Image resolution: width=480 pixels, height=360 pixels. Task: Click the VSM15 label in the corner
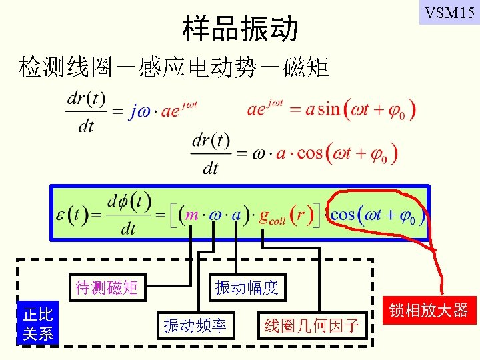pyautogui.click(x=449, y=12)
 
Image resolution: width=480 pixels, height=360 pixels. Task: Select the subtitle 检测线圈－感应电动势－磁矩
pyautogui.click(x=174, y=67)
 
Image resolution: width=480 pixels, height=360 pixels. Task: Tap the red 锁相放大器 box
pyautogui.click(x=438, y=310)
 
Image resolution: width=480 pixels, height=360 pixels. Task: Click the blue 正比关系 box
pyautogui.click(x=38, y=323)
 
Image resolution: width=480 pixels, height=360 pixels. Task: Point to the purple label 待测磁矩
pyautogui.click(x=107, y=288)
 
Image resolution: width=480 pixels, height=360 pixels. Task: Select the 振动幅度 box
pyautogui.click(x=246, y=288)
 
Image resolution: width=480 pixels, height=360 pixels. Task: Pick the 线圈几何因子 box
pyautogui.click(x=311, y=325)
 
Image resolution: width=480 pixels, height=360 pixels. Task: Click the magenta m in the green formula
pyautogui.click(x=192, y=215)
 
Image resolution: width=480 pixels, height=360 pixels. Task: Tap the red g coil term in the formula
pyautogui.click(x=273, y=217)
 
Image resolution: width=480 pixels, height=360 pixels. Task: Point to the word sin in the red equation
pyautogui.click(x=329, y=108)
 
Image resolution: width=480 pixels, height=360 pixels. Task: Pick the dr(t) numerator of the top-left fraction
pyautogui.click(x=86, y=98)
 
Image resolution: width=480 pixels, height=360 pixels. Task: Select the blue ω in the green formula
pyautogui.click(x=213, y=215)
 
